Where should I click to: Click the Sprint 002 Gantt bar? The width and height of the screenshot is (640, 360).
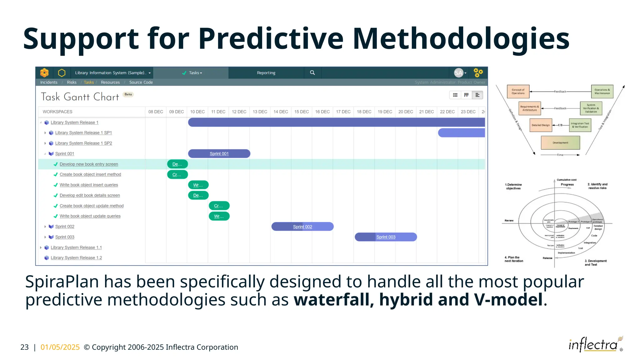pos(302,227)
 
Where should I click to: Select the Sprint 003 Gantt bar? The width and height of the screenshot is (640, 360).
pos(386,237)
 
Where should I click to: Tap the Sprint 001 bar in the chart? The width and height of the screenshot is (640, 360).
pos(219,153)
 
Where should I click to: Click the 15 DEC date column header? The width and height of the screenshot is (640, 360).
pos(301,112)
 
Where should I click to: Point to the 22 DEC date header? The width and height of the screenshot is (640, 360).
pos(447,112)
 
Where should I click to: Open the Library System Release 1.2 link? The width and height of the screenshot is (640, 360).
pos(76,258)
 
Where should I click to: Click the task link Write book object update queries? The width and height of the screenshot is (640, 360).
pos(90,216)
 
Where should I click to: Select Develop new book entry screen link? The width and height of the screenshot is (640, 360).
pos(89,164)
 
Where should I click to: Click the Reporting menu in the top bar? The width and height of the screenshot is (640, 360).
pos(266,73)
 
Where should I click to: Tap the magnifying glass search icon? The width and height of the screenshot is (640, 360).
pos(312,72)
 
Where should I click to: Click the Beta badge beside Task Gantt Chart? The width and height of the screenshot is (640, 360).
pos(128,94)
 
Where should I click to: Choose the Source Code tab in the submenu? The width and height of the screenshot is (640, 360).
pos(141,82)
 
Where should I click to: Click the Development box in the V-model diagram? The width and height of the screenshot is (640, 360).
pos(560,143)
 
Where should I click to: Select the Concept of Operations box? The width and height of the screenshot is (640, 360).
pos(518,92)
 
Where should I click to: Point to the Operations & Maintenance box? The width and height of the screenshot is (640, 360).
pos(602,92)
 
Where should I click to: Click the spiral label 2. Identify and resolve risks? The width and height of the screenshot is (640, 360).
pos(597,186)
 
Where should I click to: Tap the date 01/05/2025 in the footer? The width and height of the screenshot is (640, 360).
pos(60,347)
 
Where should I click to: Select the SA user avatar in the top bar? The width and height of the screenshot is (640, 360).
pos(458,73)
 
